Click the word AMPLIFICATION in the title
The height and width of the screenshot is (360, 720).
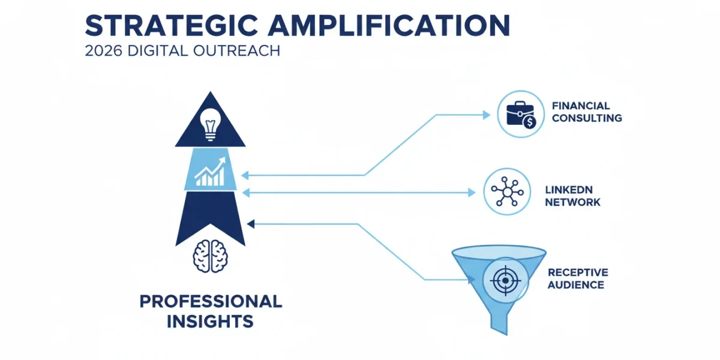(389, 25)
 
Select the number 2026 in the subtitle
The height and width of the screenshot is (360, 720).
(103, 51)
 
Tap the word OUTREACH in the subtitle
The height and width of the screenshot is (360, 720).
(236, 51)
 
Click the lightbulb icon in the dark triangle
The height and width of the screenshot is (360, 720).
(211, 125)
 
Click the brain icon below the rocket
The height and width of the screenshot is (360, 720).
(211, 257)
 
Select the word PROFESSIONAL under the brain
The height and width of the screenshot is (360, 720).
(211, 301)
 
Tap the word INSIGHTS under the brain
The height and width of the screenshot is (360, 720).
(210, 322)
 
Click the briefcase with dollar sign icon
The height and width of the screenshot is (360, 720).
(521, 115)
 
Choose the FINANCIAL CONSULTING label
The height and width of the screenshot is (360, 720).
(587, 112)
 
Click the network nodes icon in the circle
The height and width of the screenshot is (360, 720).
(507, 191)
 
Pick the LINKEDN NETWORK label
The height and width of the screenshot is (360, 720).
(572, 196)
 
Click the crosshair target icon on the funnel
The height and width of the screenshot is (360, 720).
(506, 281)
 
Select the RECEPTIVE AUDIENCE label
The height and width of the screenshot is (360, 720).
(578, 278)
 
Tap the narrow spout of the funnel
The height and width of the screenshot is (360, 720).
(499, 325)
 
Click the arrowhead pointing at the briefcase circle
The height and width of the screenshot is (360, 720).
(487, 115)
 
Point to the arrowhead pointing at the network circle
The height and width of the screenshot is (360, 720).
(472, 193)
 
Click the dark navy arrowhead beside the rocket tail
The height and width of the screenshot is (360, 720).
(251, 224)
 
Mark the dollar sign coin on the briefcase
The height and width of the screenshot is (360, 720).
(529, 122)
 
